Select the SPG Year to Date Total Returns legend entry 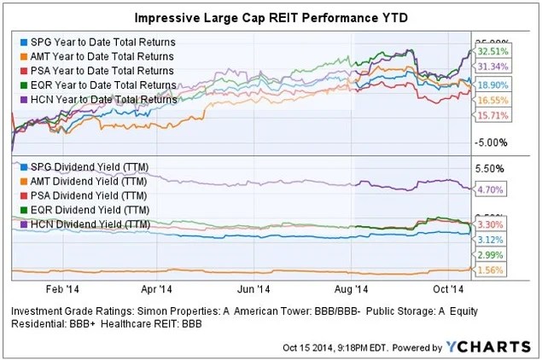102,41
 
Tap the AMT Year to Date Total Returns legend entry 102,55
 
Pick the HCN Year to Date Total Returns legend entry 102,99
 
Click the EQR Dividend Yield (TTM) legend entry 89,209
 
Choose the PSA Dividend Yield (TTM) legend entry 89,195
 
